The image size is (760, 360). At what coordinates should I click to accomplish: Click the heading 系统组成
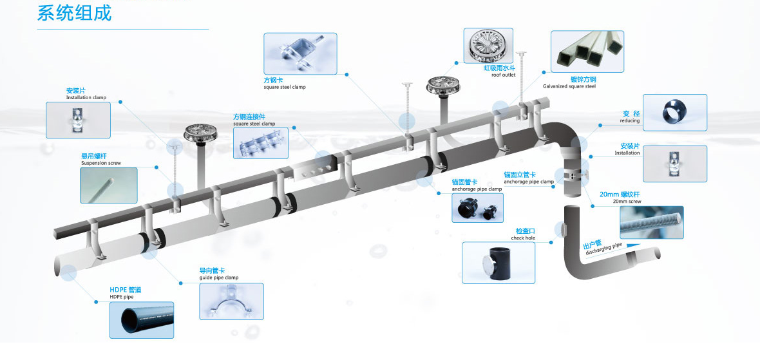pyautogui.click(x=74, y=13)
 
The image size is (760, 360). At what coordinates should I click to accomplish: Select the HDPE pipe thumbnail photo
pyautogui.click(x=142, y=320)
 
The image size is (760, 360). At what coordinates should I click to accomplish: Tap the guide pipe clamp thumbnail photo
pyautogui.click(x=232, y=301)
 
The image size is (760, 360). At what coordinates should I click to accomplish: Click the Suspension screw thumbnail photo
pyautogui.click(x=109, y=185)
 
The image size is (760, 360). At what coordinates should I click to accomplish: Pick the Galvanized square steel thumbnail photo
pyautogui.click(x=587, y=52)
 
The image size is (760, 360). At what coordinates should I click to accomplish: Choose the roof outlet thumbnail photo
pyautogui.click(x=488, y=46)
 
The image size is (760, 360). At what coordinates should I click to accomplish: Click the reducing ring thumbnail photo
pyautogui.click(x=675, y=113)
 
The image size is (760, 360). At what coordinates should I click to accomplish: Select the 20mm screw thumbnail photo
pyautogui.click(x=651, y=222)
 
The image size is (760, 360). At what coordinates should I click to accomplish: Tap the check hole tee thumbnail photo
pyautogui.click(x=499, y=263)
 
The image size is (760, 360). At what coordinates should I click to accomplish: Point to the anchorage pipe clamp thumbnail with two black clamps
pyautogui.click(x=477, y=208)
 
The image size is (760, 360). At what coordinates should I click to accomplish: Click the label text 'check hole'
pyautogui.click(x=523, y=238)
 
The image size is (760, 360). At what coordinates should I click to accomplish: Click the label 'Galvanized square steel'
pyautogui.click(x=569, y=86)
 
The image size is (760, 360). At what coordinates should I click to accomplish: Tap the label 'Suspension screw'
pyautogui.click(x=101, y=164)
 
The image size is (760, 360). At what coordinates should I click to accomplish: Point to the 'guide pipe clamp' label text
pyautogui.click(x=219, y=278)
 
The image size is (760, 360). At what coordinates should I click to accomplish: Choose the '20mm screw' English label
pyautogui.click(x=627, y=201)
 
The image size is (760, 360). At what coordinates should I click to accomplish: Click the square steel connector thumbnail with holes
pyautogui.click(x=261, y=143)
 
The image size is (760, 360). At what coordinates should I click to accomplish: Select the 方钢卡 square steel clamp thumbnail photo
pyautogui.click(x=300, y=54)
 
